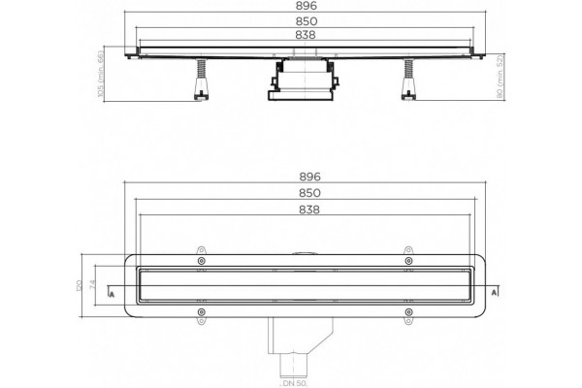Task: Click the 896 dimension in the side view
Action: pos(307,6)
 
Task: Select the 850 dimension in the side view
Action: pos(307,21)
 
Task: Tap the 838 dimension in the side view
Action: pos(306,35)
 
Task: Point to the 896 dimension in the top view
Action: pos(310,177)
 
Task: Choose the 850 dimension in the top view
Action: pos(310,193)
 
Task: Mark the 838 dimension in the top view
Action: pos(309,210)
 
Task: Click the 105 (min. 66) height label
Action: pos(100,74)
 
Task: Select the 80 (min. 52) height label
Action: pos(500,77)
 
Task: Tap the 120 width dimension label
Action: pos(80,285)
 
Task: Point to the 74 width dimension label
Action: pos(93,285)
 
